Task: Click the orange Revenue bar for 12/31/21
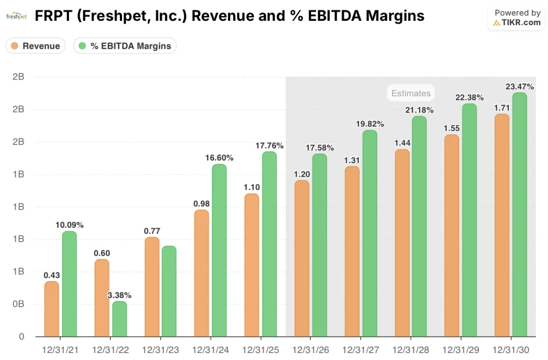pyautogui.click(x=51, y=309)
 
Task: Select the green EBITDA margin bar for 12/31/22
pyautogui.click(x=119, y=319)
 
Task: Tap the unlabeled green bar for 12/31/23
pyautogui.click(x=169, y=292)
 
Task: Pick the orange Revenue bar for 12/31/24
pyautogui.click(x=202, y=273)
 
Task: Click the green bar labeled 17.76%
pyautogui.click(x=269, y=244)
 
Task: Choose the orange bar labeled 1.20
pyautogui.click(x=302, y=259)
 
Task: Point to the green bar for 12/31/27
pyautogui.click(x=370, y=234)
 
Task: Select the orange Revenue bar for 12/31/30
pyautogui.click(x=502, y=225)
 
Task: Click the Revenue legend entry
pyautogui.click(x=35, y=46)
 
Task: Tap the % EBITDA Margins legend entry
pyautogui.click(x=125, y=46)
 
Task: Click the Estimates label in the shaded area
pyautogui.click(x=410, y=93)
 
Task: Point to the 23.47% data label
pyautogui.click(x=519, y=86)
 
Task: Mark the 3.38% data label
pyautogui.click(x=119, y=295)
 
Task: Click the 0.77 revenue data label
pyautogui.click(x=152, y=231)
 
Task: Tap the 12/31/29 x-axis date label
pyautogui.click(x=461, y=350)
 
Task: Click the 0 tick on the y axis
pyautogui.click(x=21, y=336)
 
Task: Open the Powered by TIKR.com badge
pyautogui.click(x=517, y=18)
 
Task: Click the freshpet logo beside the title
pyautogui.click(x=16, y=17)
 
